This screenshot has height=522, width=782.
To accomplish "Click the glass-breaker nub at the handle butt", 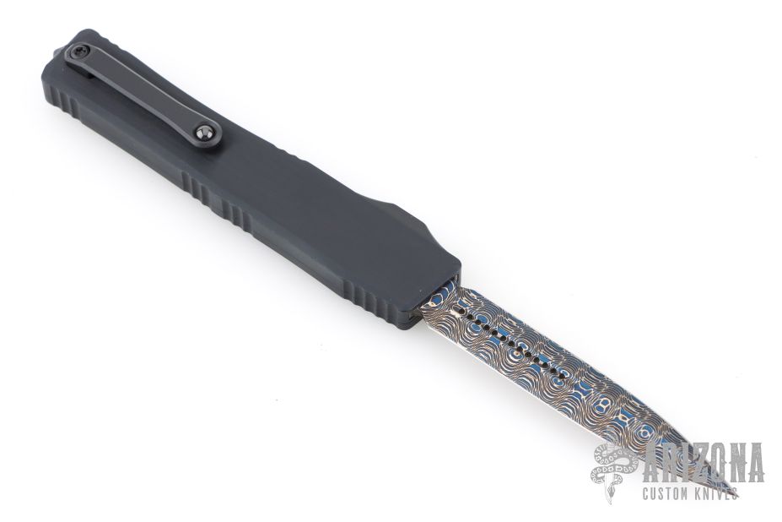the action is click(56, 52).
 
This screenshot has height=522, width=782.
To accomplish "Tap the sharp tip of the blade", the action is click(736, 496).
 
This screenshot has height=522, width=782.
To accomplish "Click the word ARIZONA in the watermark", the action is click(703, 462).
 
